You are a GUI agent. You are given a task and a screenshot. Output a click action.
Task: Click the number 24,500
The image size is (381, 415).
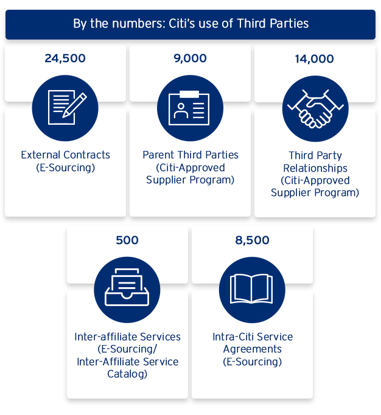point(65,59)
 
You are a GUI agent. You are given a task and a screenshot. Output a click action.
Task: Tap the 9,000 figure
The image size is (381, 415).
point(190,59)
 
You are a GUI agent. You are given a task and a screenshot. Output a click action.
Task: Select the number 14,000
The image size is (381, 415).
point(315,59)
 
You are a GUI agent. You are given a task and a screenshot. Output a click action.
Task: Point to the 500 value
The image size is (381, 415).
point(127,240)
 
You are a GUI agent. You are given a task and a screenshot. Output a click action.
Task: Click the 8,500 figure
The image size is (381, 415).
point(252,240)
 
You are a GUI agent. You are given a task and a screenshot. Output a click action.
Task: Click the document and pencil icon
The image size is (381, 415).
point(65,108)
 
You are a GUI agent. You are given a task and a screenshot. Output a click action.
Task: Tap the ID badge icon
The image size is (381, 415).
point(190,108)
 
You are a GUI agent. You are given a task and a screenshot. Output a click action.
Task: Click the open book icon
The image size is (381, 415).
point(252,289)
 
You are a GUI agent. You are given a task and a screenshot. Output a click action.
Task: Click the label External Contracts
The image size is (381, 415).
point(65,155)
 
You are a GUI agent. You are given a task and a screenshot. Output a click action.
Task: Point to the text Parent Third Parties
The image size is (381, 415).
point(190,155)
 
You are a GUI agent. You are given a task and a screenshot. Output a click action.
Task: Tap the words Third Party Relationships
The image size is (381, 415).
point(315,161)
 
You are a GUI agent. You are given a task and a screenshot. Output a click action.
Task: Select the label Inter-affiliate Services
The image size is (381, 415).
point(127,337)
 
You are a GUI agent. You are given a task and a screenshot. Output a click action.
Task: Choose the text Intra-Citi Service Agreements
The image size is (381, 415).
point(252,343)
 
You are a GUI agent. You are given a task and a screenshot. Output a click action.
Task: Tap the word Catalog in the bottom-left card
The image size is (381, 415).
point(127,374)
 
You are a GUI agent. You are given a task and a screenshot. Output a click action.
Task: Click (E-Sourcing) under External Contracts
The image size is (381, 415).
point(65,167)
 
